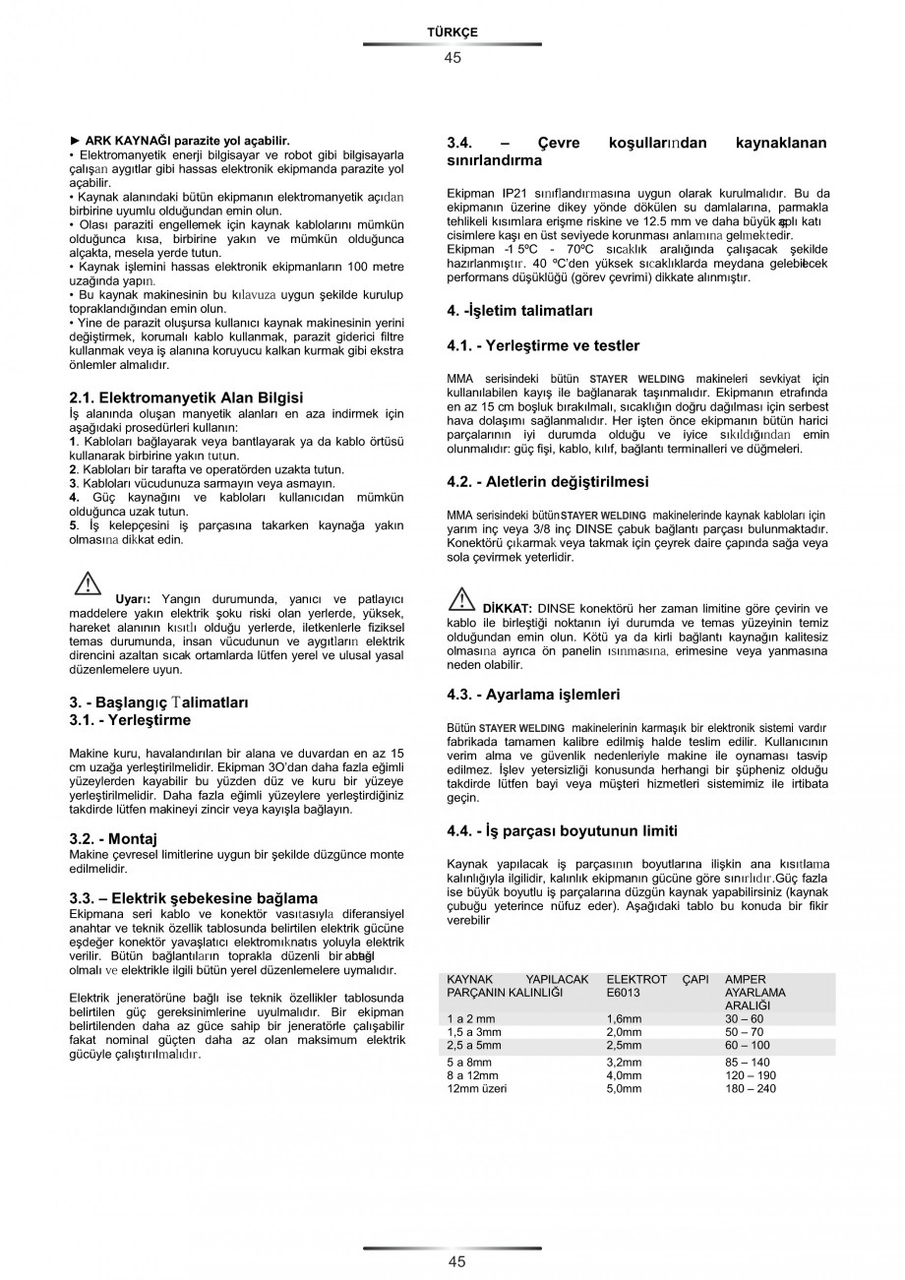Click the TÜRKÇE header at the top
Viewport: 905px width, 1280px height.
(x=452, y=32)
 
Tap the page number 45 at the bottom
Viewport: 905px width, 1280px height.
(x=452, y=1261)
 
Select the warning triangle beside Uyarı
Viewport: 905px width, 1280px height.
(x=89, y=583)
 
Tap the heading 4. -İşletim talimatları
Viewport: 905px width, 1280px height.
(x=519, y=311)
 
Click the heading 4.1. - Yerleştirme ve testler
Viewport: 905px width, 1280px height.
(x=543, y=345)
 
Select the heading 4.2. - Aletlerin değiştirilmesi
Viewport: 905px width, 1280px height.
(x=548, y=482)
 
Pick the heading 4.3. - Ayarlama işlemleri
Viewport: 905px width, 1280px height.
(x=533, y=695)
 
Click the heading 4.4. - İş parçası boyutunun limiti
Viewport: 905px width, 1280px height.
(x=562, y=831)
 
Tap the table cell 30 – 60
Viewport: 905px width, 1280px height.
(x=744, y=1018)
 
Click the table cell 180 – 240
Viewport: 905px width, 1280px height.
(x=751, y=1088)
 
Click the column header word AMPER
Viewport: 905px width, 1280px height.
(x=745, y=980)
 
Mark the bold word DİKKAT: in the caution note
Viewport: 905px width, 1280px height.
(x=507, y=608)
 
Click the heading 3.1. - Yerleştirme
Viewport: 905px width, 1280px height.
(x=130, y=720)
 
